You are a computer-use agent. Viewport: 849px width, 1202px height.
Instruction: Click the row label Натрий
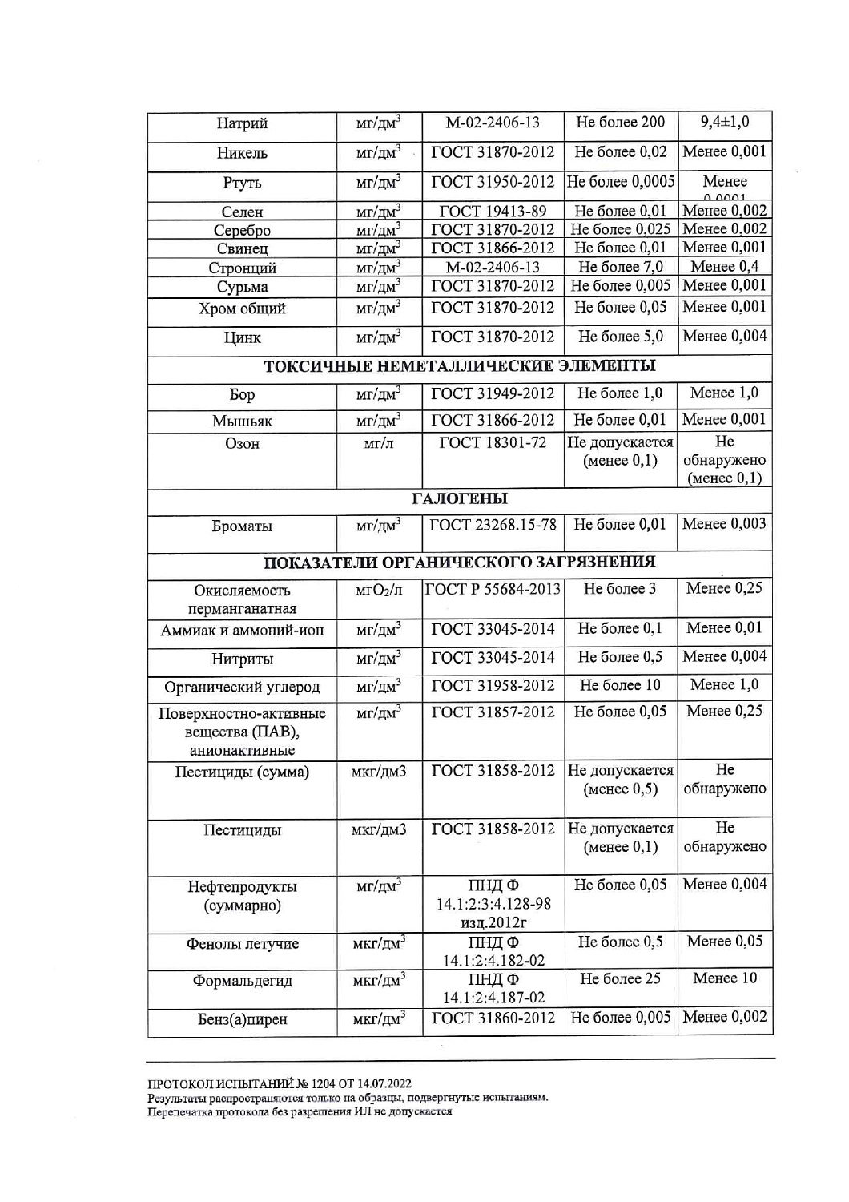(x=242, y=123)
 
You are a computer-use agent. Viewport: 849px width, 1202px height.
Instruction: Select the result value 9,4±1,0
(x=725, y=123)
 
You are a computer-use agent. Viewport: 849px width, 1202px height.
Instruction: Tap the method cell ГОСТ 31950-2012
(x=493, y=182)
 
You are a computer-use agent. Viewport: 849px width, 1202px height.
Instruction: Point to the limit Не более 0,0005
(x=621, y=182)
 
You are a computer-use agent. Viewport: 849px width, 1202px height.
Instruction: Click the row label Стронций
(x=242, y=268)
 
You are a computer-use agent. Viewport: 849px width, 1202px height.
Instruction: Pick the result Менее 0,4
(x=725, y=267)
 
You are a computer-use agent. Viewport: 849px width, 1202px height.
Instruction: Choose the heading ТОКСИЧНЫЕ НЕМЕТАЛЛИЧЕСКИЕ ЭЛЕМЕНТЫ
(x=460, y=366)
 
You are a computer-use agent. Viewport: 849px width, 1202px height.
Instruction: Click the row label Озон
(x=242, y=443)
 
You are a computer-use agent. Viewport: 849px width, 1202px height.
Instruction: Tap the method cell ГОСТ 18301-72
(x=493, y=442)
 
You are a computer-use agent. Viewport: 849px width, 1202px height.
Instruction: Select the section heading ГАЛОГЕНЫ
(x=460, y=499)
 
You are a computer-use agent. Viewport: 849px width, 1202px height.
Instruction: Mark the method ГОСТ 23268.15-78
(x=493, y=525)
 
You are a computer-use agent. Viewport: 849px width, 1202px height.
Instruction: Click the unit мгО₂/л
(x=379, y=591)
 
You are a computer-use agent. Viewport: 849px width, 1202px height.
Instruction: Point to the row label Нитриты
(x=242, y=659)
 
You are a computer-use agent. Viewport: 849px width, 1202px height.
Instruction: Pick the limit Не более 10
(x=621, y=685)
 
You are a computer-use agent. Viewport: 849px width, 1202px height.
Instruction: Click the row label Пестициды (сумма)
(x=242, y=772)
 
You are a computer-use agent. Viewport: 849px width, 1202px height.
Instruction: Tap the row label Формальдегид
(x=242, y=981)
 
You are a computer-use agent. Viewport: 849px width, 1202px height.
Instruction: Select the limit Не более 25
(x=621, y=978)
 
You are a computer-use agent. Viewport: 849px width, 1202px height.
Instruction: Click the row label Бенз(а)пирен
(x=242, y=1019)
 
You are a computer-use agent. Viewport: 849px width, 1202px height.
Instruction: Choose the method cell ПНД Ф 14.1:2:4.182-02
(x=493, y=951)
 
